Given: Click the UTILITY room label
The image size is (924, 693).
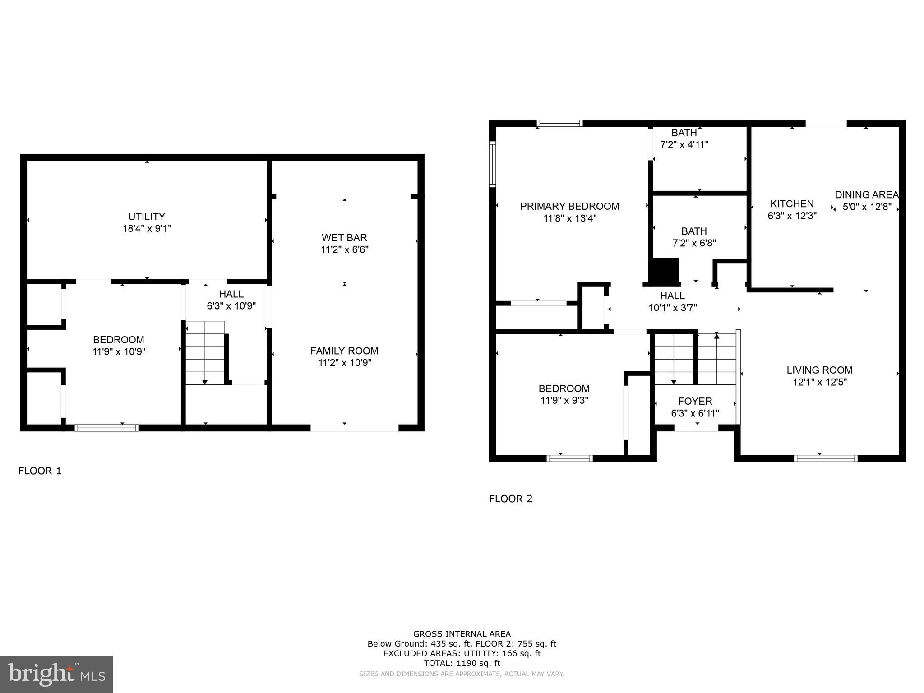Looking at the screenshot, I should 147,217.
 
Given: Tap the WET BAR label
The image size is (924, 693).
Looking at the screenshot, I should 344,237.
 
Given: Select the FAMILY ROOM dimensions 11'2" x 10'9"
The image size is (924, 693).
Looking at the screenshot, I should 344,363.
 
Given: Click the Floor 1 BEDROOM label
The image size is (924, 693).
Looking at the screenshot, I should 119,340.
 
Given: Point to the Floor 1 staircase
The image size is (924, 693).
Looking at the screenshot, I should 205,352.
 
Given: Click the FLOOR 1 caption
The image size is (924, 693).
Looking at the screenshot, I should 40,471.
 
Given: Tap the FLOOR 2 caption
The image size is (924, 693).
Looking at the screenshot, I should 511,499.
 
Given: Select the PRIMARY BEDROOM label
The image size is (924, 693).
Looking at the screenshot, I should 569,206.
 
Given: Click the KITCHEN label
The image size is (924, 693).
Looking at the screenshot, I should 792,203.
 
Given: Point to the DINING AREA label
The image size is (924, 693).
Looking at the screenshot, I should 866,195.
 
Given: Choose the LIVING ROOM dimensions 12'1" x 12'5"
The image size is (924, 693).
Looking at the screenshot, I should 819,382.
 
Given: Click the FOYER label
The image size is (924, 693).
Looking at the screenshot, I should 695,401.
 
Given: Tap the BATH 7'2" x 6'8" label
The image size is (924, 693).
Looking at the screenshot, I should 694,231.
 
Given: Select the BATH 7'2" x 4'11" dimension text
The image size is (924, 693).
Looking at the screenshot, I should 684,145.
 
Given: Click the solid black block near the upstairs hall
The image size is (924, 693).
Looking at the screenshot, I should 664,270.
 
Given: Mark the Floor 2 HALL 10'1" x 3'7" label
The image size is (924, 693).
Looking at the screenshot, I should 672,296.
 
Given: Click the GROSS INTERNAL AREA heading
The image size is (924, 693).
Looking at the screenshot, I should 462,634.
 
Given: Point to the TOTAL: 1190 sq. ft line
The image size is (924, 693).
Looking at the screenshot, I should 462,663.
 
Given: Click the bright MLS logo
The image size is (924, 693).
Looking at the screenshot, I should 56,675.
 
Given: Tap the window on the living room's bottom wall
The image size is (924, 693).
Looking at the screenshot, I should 825,458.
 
